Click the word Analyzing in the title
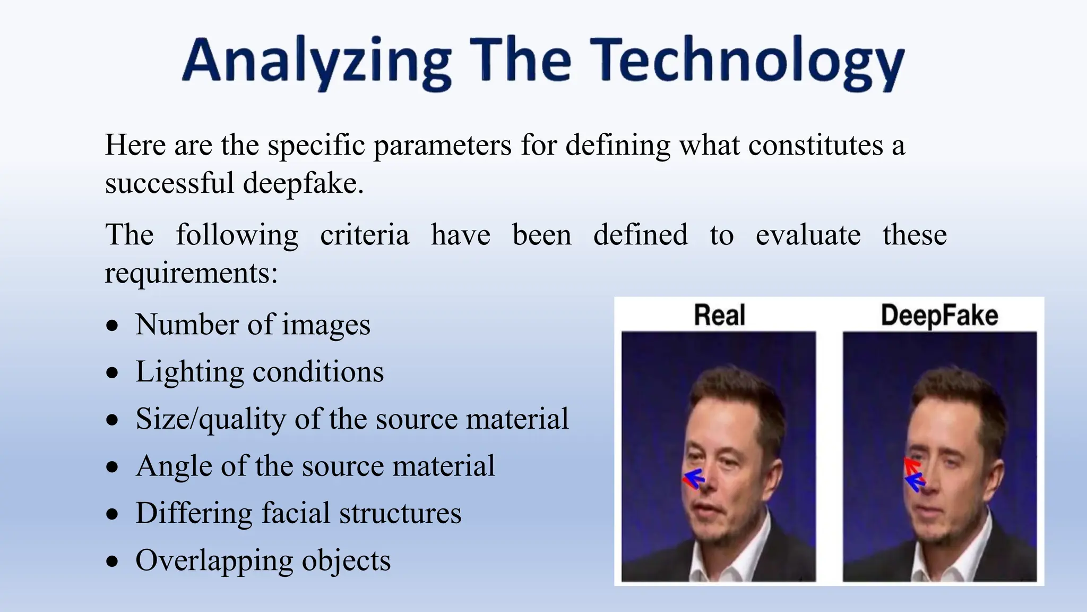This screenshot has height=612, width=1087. pyautogui.click(x=316, y=61)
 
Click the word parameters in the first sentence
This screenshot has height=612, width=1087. pyautogui.click(x=443, y=145)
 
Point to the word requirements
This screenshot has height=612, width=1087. pyautogui.click(x=191, y=274)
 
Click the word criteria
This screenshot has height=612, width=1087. pyautogui.click(x=365, y=235)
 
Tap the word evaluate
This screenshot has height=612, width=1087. pyautogui.click(x=808, y=235)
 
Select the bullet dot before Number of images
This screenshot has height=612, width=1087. pyautogui.click(x=112, y=326)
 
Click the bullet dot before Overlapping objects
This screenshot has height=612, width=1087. pyautogui.click(x=112, y=562)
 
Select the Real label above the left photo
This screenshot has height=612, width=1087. pyautogui.click(x=719, y=315)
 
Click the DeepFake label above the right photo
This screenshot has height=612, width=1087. pyautogui.click(x=939, y=315)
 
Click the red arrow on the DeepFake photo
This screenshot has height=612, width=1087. pyautogui.click(x=912, y=466)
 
